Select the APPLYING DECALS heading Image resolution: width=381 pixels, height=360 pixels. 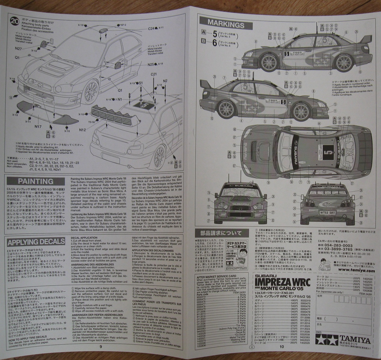[x=36, y=241]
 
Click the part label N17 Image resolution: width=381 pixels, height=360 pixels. [x=37, y=127]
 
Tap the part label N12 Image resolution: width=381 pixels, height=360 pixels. [x=82, y=130]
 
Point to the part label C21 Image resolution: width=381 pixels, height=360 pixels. [x=154, y=74]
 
